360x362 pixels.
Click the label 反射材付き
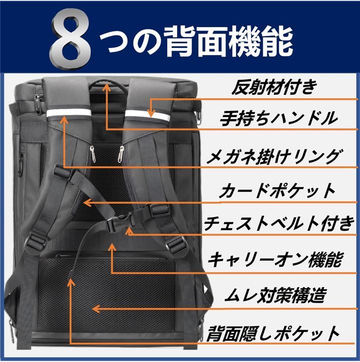[274, 87]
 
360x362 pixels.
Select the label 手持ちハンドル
[278, 118]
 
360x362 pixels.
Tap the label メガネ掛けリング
[273, 157]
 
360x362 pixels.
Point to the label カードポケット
[277, 191]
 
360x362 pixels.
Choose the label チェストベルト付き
[279, 224]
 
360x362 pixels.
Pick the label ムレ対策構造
[275, 295]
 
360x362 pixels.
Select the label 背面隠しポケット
[273, 334]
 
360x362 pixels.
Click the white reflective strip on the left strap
[69, 113]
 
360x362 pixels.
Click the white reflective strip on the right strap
[147, 114]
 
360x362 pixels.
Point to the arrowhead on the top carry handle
[106, 86]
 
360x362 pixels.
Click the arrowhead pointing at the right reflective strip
[151, 114]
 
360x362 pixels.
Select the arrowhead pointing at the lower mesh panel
[95, 309]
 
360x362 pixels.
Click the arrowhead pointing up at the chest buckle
[129, 231]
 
